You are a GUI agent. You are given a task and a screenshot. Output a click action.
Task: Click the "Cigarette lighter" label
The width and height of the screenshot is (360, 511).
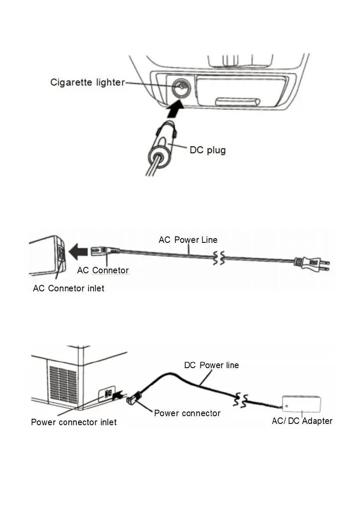coord(87,82)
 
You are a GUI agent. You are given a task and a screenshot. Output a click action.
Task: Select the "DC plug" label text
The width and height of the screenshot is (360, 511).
coord(208,150)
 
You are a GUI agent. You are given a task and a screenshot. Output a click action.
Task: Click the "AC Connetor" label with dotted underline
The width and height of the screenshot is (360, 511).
coord(103,270)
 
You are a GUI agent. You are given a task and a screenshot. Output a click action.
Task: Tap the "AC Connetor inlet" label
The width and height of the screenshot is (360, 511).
coord(69,288)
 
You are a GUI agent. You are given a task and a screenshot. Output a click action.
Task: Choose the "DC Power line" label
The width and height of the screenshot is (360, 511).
coord(212,366)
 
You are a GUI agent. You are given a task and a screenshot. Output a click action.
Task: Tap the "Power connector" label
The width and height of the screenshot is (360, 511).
coord(187,413)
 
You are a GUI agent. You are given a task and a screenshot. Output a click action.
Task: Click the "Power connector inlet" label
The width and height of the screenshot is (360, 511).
coord(74,422)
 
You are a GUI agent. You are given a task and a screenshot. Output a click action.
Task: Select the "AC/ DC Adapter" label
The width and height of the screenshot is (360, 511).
coord(302,421)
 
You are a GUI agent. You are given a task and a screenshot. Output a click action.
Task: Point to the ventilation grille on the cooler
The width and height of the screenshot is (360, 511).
coord(63,384)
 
